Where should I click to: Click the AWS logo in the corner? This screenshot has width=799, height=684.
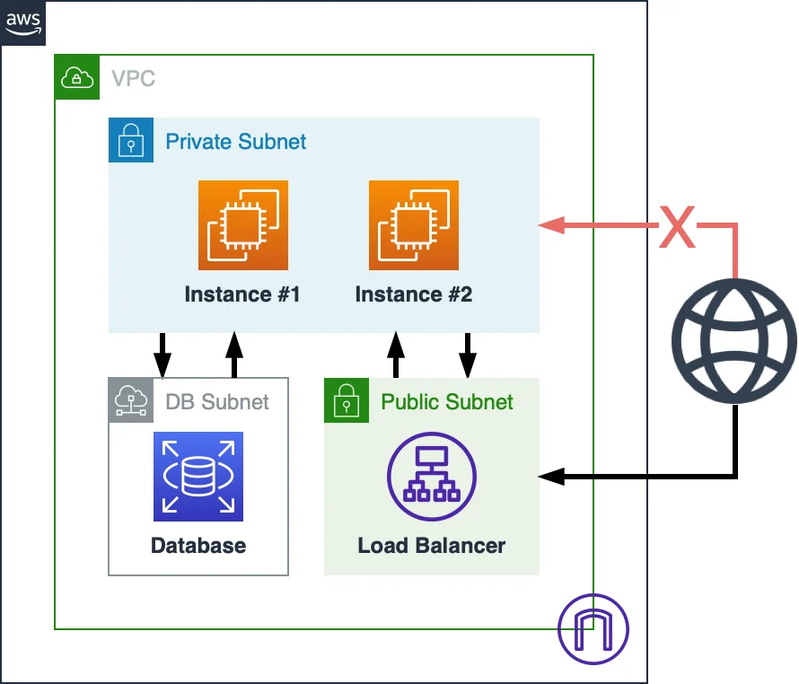point(22,22)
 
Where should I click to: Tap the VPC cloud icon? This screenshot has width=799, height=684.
point(77,78)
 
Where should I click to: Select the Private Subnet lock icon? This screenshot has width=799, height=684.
point(131,140)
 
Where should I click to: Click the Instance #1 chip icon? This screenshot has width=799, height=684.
point(243,224)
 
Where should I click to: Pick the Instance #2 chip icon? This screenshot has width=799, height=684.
point(414,224)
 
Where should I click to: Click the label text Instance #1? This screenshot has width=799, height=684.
point(242,294)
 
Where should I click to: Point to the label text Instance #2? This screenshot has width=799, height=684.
point(414,294)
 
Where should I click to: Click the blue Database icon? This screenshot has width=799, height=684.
point(198,476)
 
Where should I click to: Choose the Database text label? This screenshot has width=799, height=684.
point(198,546)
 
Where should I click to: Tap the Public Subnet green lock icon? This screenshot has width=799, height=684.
point(347,400)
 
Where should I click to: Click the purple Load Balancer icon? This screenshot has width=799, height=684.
point(432,476)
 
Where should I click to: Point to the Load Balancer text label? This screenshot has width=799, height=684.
point(432,546)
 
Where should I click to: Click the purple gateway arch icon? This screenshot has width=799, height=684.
point(593,628)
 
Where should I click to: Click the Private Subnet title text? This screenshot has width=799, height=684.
point(236,142)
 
